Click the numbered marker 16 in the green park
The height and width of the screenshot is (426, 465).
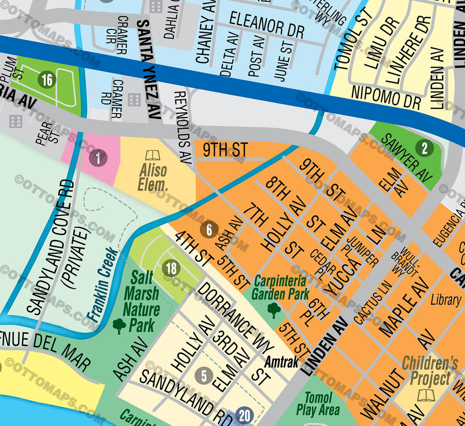[47, 80]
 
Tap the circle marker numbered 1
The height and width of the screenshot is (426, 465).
[98, 158]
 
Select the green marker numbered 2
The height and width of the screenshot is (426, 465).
[424, 148]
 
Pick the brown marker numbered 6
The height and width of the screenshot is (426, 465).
[209, 230]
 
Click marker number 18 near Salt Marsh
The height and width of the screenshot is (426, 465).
[171, 268]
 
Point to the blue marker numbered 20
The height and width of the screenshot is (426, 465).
[245, 416]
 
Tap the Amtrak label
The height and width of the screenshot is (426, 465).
[281, 362]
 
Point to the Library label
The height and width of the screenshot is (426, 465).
[445, 300]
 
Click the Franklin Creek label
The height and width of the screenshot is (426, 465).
[103, 284]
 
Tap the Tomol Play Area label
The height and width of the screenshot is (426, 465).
[318, 404]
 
